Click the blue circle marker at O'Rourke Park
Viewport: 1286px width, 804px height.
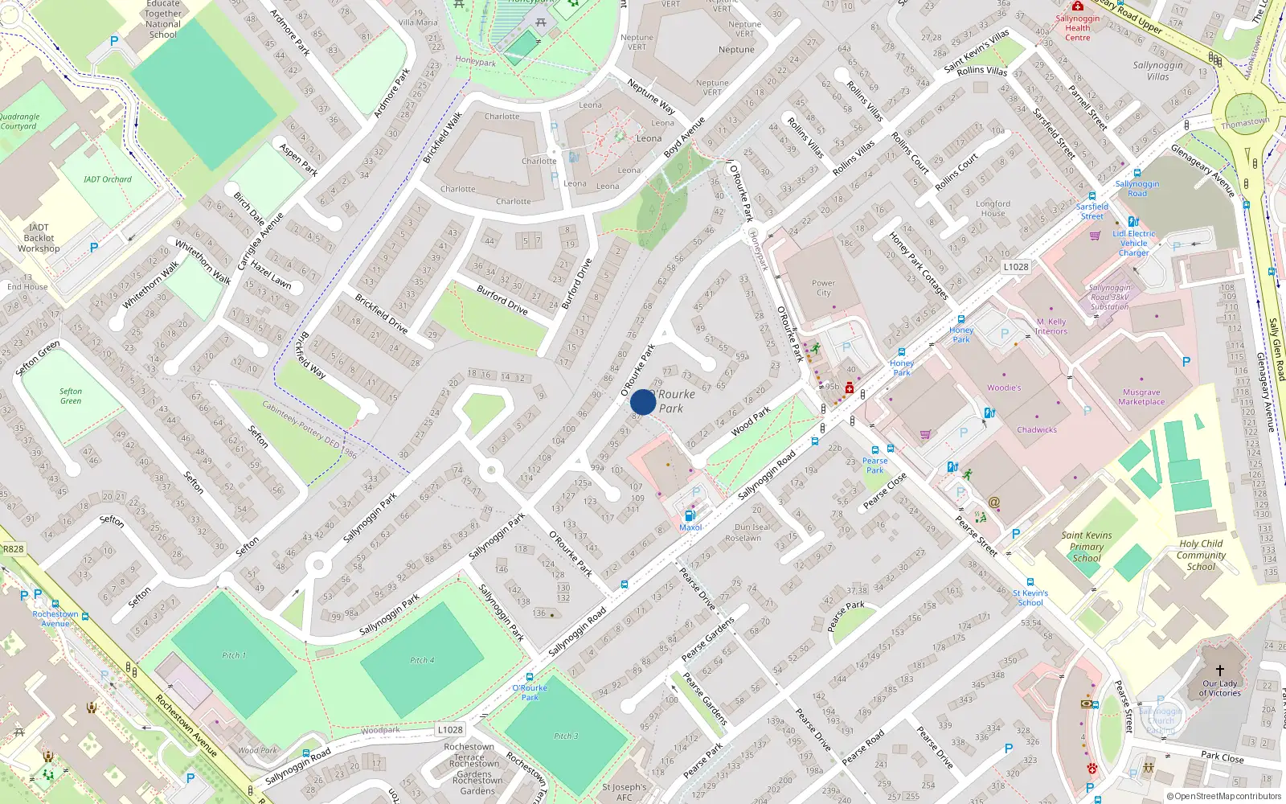pyautogui.click(x=643, y=402)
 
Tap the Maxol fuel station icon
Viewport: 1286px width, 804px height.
pyautogui.click(x=690, y=515)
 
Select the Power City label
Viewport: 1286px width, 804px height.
pyautogui.click(x=823, y=288)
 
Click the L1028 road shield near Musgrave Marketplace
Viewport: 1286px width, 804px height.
pyautogui.click(x=1016, y=266)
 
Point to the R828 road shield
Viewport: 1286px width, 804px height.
pyautogui.click(x=14, y=548)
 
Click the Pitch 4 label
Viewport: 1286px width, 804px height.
pyautogui.click(x=422, y=660)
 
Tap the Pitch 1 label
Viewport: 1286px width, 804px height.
pyautogui.click(x=234, y=655)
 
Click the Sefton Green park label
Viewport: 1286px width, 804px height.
pyautogui.click(x=71, y=396)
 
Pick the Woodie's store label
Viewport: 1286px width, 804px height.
pyautogui.click(x=1004, y=388)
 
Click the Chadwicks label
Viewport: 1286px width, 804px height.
pyautogui.click(x=1037, y=429)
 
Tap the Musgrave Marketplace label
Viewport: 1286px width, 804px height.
pyautogui.click(x=1141, y=397)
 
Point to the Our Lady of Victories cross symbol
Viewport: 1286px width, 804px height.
pyautogui.click(x=1219, y=670)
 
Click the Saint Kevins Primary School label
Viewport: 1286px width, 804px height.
pyautogui.click(x=1087, y=547)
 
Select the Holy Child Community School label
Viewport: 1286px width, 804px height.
pyautogui.click(x=1201, y=555)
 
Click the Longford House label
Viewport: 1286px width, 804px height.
pyautogui.click(x=993, y=208)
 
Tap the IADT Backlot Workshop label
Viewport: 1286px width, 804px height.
pyautogui.click(x=39, y=238)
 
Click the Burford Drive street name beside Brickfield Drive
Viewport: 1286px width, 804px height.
pyautogui.click(x=502, y=299)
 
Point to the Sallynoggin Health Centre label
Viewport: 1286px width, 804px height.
pyautogui.click(x=1078, y=28)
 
